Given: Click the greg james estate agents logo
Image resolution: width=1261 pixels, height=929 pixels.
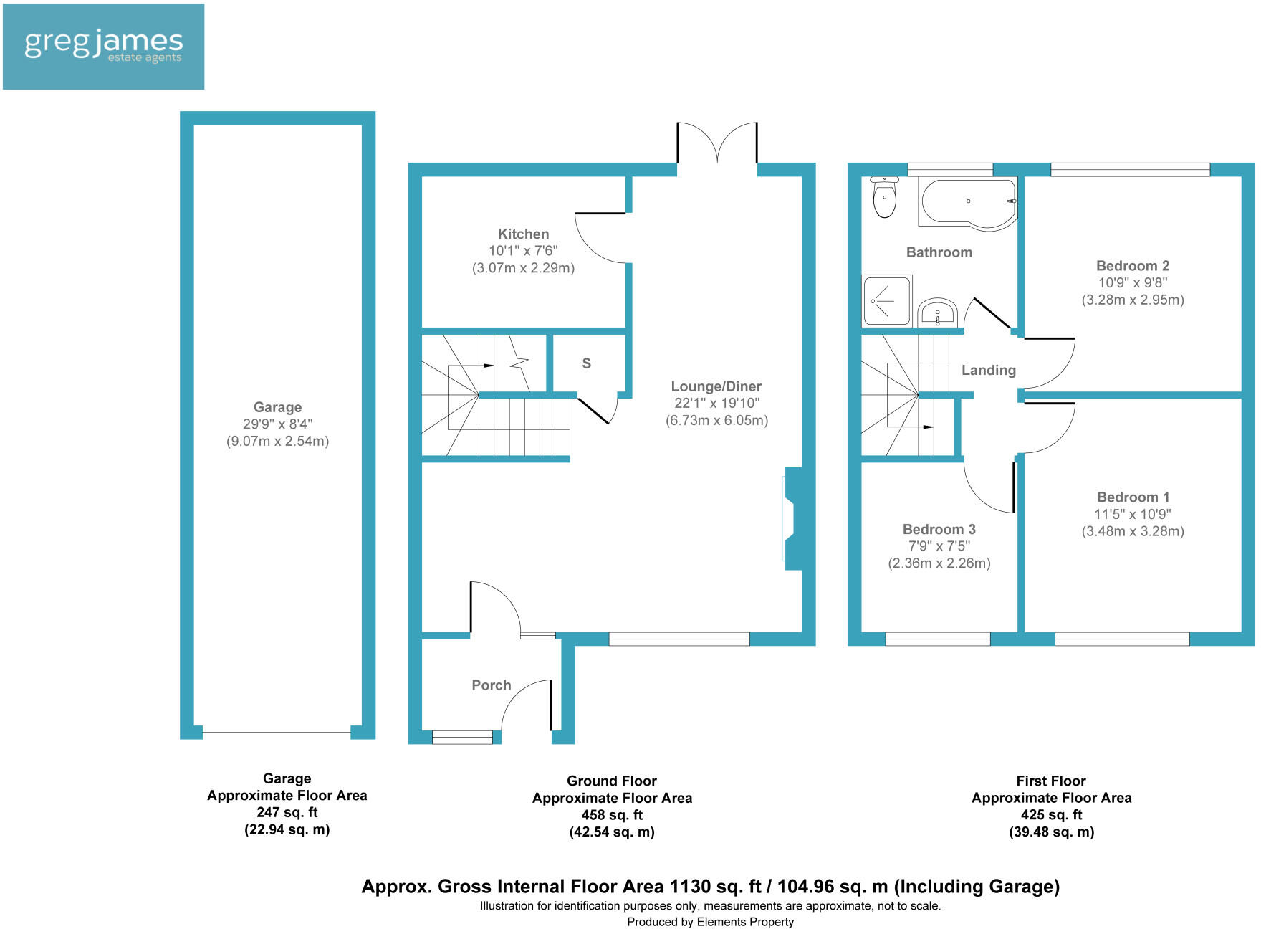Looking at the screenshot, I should [104, 47].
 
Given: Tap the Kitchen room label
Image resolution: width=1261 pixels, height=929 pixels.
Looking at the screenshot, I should [523, 234].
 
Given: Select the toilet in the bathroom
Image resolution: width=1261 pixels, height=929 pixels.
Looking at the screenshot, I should [885, 198].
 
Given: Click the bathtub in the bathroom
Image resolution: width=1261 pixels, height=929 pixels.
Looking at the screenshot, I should [968, 204].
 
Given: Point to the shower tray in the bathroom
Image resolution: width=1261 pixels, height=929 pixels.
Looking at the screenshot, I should [886, 300].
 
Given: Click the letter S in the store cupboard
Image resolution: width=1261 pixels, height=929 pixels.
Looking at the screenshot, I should [586, 363].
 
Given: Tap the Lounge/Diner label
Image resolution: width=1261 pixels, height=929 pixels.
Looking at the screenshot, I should [716, 386].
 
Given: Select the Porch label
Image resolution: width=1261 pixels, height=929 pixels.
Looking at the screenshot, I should [492, 685].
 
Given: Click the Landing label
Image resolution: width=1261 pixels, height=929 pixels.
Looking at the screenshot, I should [988, 370].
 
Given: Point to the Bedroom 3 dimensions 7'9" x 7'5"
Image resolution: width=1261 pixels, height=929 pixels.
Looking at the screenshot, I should [939, 546].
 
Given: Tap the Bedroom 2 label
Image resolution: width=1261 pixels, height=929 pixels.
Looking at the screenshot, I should [1132, 266].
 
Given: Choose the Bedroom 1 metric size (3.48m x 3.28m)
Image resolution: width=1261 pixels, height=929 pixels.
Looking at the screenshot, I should [1132, 531].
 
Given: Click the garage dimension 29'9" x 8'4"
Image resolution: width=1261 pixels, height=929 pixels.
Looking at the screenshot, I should [277, 424].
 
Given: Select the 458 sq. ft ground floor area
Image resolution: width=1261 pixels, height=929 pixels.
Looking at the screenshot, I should [612, 815].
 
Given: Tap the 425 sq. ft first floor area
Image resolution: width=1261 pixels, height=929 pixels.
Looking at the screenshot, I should [1051, 815].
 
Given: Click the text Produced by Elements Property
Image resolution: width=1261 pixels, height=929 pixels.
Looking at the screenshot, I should [710, 922].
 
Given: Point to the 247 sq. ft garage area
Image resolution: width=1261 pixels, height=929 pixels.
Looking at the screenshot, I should [287, 812].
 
